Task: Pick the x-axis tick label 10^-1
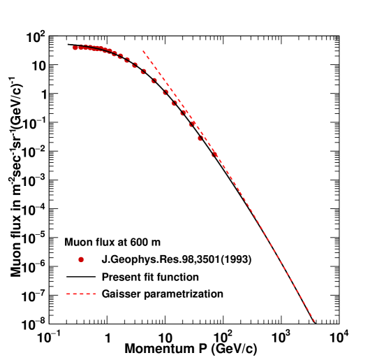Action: click(x=50, y=337)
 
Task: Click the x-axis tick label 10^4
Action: click(x=339, y=337)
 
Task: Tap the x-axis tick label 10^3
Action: click(x=281, y=337)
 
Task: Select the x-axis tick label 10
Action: click(x=165, y=337)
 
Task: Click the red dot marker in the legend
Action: click(x=82, y=260)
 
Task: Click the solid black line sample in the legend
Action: click(x=81, y=277)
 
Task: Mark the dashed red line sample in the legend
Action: click(x=81, y=294)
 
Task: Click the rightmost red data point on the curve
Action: click(x=214, y=154)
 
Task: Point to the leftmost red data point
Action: click(x=75, y=48)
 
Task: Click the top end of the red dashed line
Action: click(x=143, y=51)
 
